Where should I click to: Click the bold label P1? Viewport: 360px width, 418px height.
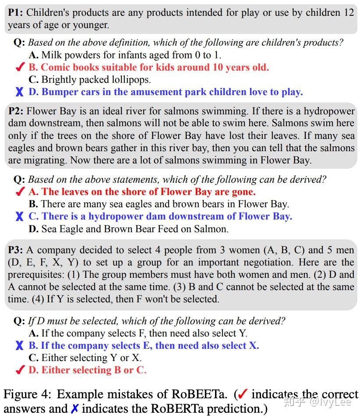16,12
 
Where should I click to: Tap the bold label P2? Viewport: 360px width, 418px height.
16,111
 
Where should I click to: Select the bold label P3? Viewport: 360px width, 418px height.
16,250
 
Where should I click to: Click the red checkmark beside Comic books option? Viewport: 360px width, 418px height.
20,67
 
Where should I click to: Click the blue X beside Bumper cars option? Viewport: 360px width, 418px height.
20,92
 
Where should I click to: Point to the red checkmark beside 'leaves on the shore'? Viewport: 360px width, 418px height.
20,192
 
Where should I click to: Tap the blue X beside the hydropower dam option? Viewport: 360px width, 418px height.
20,216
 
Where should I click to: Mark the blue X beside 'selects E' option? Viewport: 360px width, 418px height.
20,346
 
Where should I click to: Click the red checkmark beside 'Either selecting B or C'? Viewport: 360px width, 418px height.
20,370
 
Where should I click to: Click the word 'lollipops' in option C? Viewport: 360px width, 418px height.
131,80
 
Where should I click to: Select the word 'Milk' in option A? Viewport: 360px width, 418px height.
51,55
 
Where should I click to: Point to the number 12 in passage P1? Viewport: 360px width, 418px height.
349,12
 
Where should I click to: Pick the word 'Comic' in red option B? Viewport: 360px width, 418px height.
55,67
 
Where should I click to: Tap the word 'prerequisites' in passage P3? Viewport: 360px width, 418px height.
39,275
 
